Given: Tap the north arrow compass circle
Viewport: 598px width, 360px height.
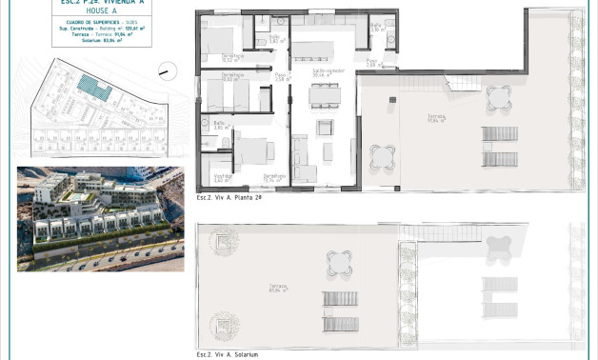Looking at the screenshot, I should pos(166,70).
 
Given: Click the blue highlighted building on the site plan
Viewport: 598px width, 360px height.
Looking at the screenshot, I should pos(94,89).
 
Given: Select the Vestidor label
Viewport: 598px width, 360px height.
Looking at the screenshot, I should pos(221,177).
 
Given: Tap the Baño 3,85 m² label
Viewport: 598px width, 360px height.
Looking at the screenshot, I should pos(220,124).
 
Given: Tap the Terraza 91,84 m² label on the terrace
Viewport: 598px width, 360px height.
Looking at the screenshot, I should pos(437,119).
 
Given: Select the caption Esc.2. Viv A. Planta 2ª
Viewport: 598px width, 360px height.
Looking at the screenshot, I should pos(229,197).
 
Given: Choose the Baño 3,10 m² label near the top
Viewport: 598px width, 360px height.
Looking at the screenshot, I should pos(375,28).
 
